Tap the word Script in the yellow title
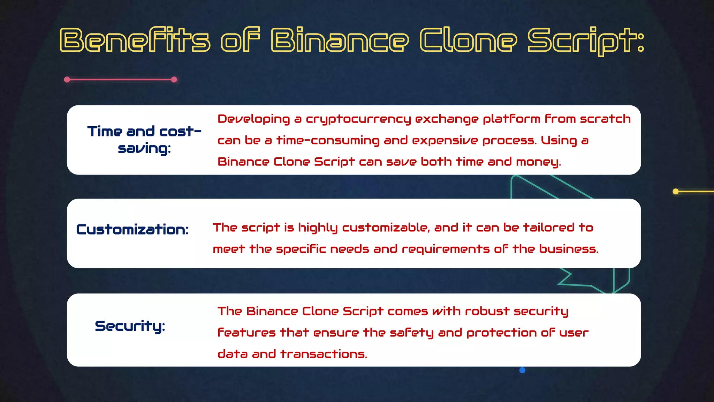pyautogui.click(x=586, y=40)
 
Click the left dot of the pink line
pyautogui.click(x=67, y=80)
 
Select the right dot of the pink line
pyautogui.click(x=174, y=80)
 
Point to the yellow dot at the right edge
pyautogui.click(x=675, y=191)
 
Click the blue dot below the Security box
pyautogui.click(x=522, y=370)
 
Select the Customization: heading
pyautogui.click(x=132, y=230)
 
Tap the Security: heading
pyautogui.click(x=130, y=326)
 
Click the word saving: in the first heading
pyautogui.click(x=144, y=149)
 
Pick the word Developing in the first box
pyautogui.click(x=253, y=119)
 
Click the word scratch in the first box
pyautogui.click(x=605, y=119)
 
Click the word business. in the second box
pyautogui.click(x=569, y=249)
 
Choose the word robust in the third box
pyautogui.click(x=487, y=311)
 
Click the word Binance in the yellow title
pyautogui.click(x=340, y=40)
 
